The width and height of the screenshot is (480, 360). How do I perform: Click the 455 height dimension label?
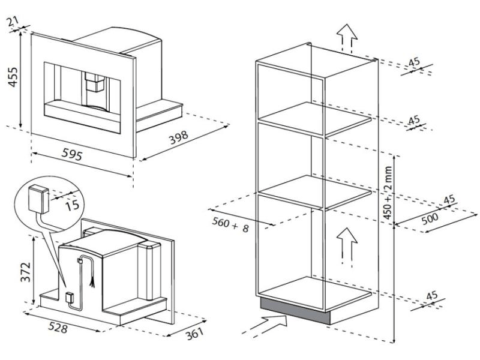13,77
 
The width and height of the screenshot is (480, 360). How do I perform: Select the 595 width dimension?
72,154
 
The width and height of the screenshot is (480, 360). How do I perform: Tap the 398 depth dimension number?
179,137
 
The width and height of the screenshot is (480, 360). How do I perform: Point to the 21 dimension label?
13,22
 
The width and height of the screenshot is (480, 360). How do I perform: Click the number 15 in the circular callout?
72,205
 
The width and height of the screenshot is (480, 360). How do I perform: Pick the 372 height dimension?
25,272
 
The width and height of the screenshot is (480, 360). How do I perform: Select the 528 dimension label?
58,327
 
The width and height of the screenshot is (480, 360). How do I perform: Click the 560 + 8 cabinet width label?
230,224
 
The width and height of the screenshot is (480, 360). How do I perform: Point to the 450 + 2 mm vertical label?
388,193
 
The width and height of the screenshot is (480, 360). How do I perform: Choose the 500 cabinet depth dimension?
430,218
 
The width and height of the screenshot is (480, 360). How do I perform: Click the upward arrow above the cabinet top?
347,38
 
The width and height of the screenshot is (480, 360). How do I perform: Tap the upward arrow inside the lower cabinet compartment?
347,247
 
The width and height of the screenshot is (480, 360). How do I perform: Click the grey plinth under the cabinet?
295,310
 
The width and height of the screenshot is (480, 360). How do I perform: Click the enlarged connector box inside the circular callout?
38,199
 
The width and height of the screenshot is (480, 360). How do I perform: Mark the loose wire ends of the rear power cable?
92,284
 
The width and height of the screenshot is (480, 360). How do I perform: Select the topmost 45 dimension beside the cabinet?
414,62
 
